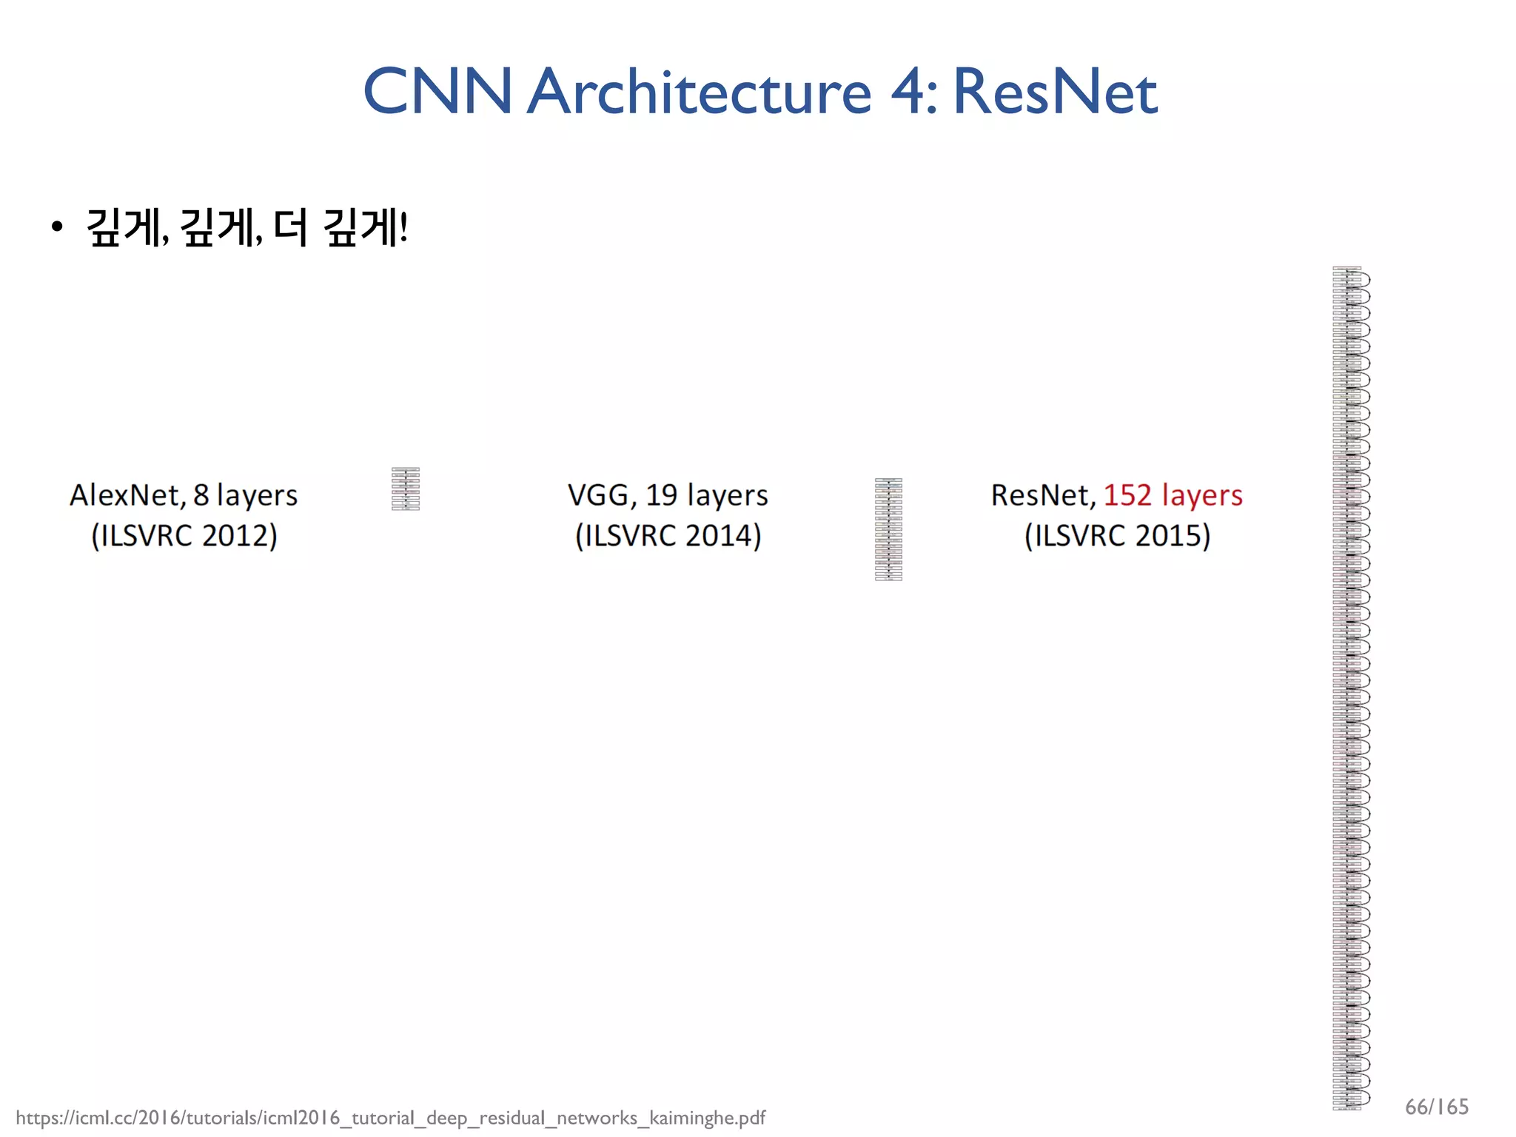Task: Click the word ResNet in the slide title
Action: click(1054, 92)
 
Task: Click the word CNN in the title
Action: click(437, 92)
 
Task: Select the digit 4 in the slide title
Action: click(906, 92)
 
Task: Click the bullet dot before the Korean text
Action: click(57, 228)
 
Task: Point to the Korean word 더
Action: click(289, 227)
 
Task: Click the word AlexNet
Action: click(125, 495)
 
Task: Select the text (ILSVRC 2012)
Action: click(184, 535)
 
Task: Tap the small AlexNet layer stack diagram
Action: click(406, 489)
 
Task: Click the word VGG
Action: click(600, 495)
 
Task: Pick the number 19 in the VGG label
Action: click(661, 495)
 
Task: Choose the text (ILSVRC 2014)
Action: click(668, 535)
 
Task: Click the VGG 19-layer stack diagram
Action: click(888, 529)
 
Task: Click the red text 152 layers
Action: click(1173, 495)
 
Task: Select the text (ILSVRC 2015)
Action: click(1117, 535)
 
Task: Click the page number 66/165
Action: click(1436, 1107)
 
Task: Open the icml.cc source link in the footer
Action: click(390, 1118)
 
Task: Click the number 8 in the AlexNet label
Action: click(201, 495)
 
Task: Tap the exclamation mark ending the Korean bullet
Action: click(403, 227)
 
